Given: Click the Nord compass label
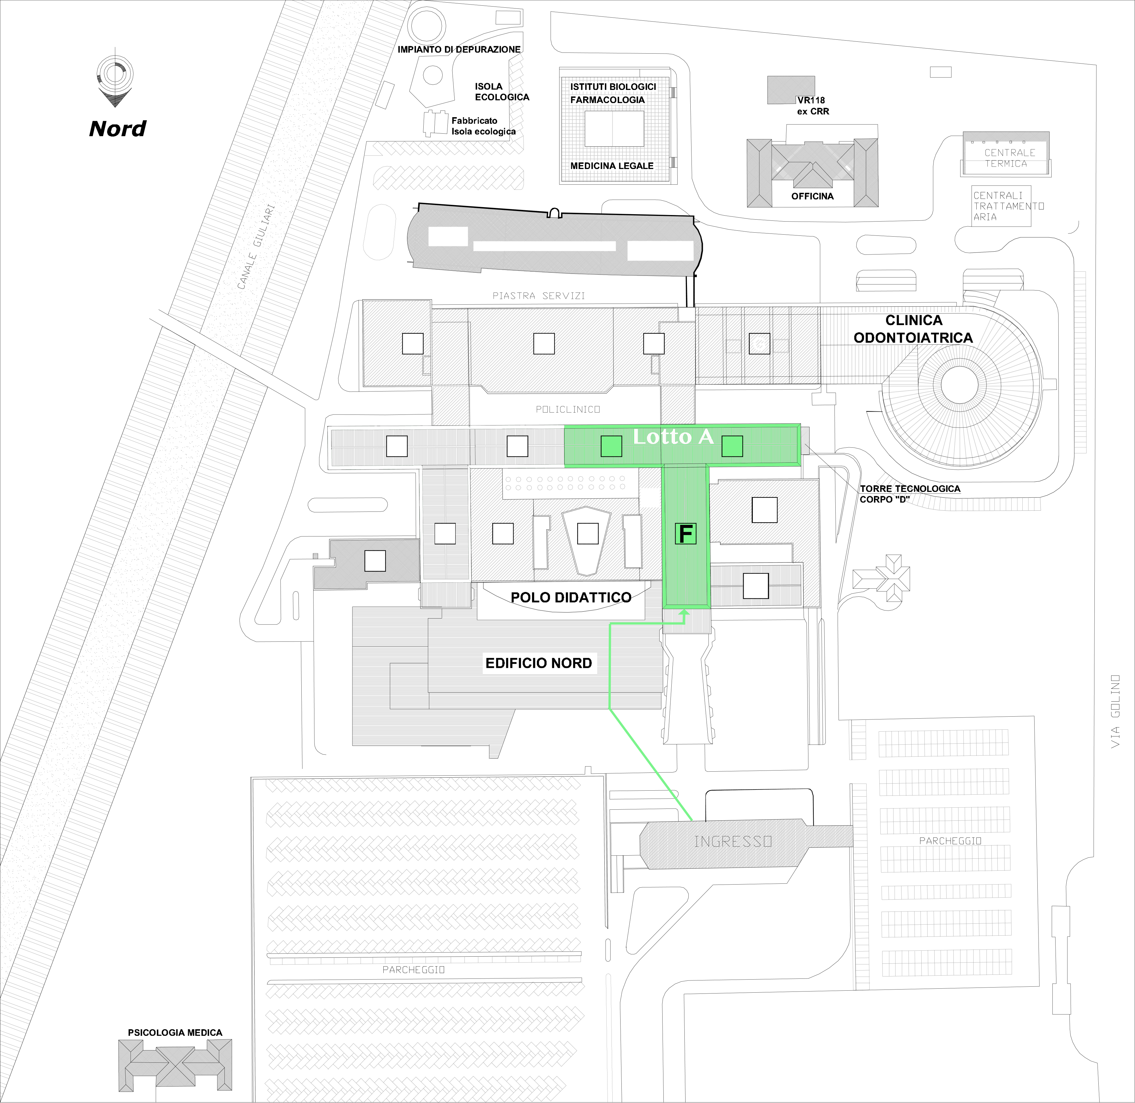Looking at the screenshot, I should point(117,129).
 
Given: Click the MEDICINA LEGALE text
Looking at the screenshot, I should point(612,166).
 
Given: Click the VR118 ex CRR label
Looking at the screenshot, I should point(812,106).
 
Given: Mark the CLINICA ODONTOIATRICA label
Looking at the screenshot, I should point(913,329).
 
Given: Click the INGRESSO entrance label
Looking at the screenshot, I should point(733,841).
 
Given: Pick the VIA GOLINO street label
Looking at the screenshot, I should point(1115,712).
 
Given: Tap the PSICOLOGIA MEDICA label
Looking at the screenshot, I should point(175,1032).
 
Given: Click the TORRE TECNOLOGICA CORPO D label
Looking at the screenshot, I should point(910,494).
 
